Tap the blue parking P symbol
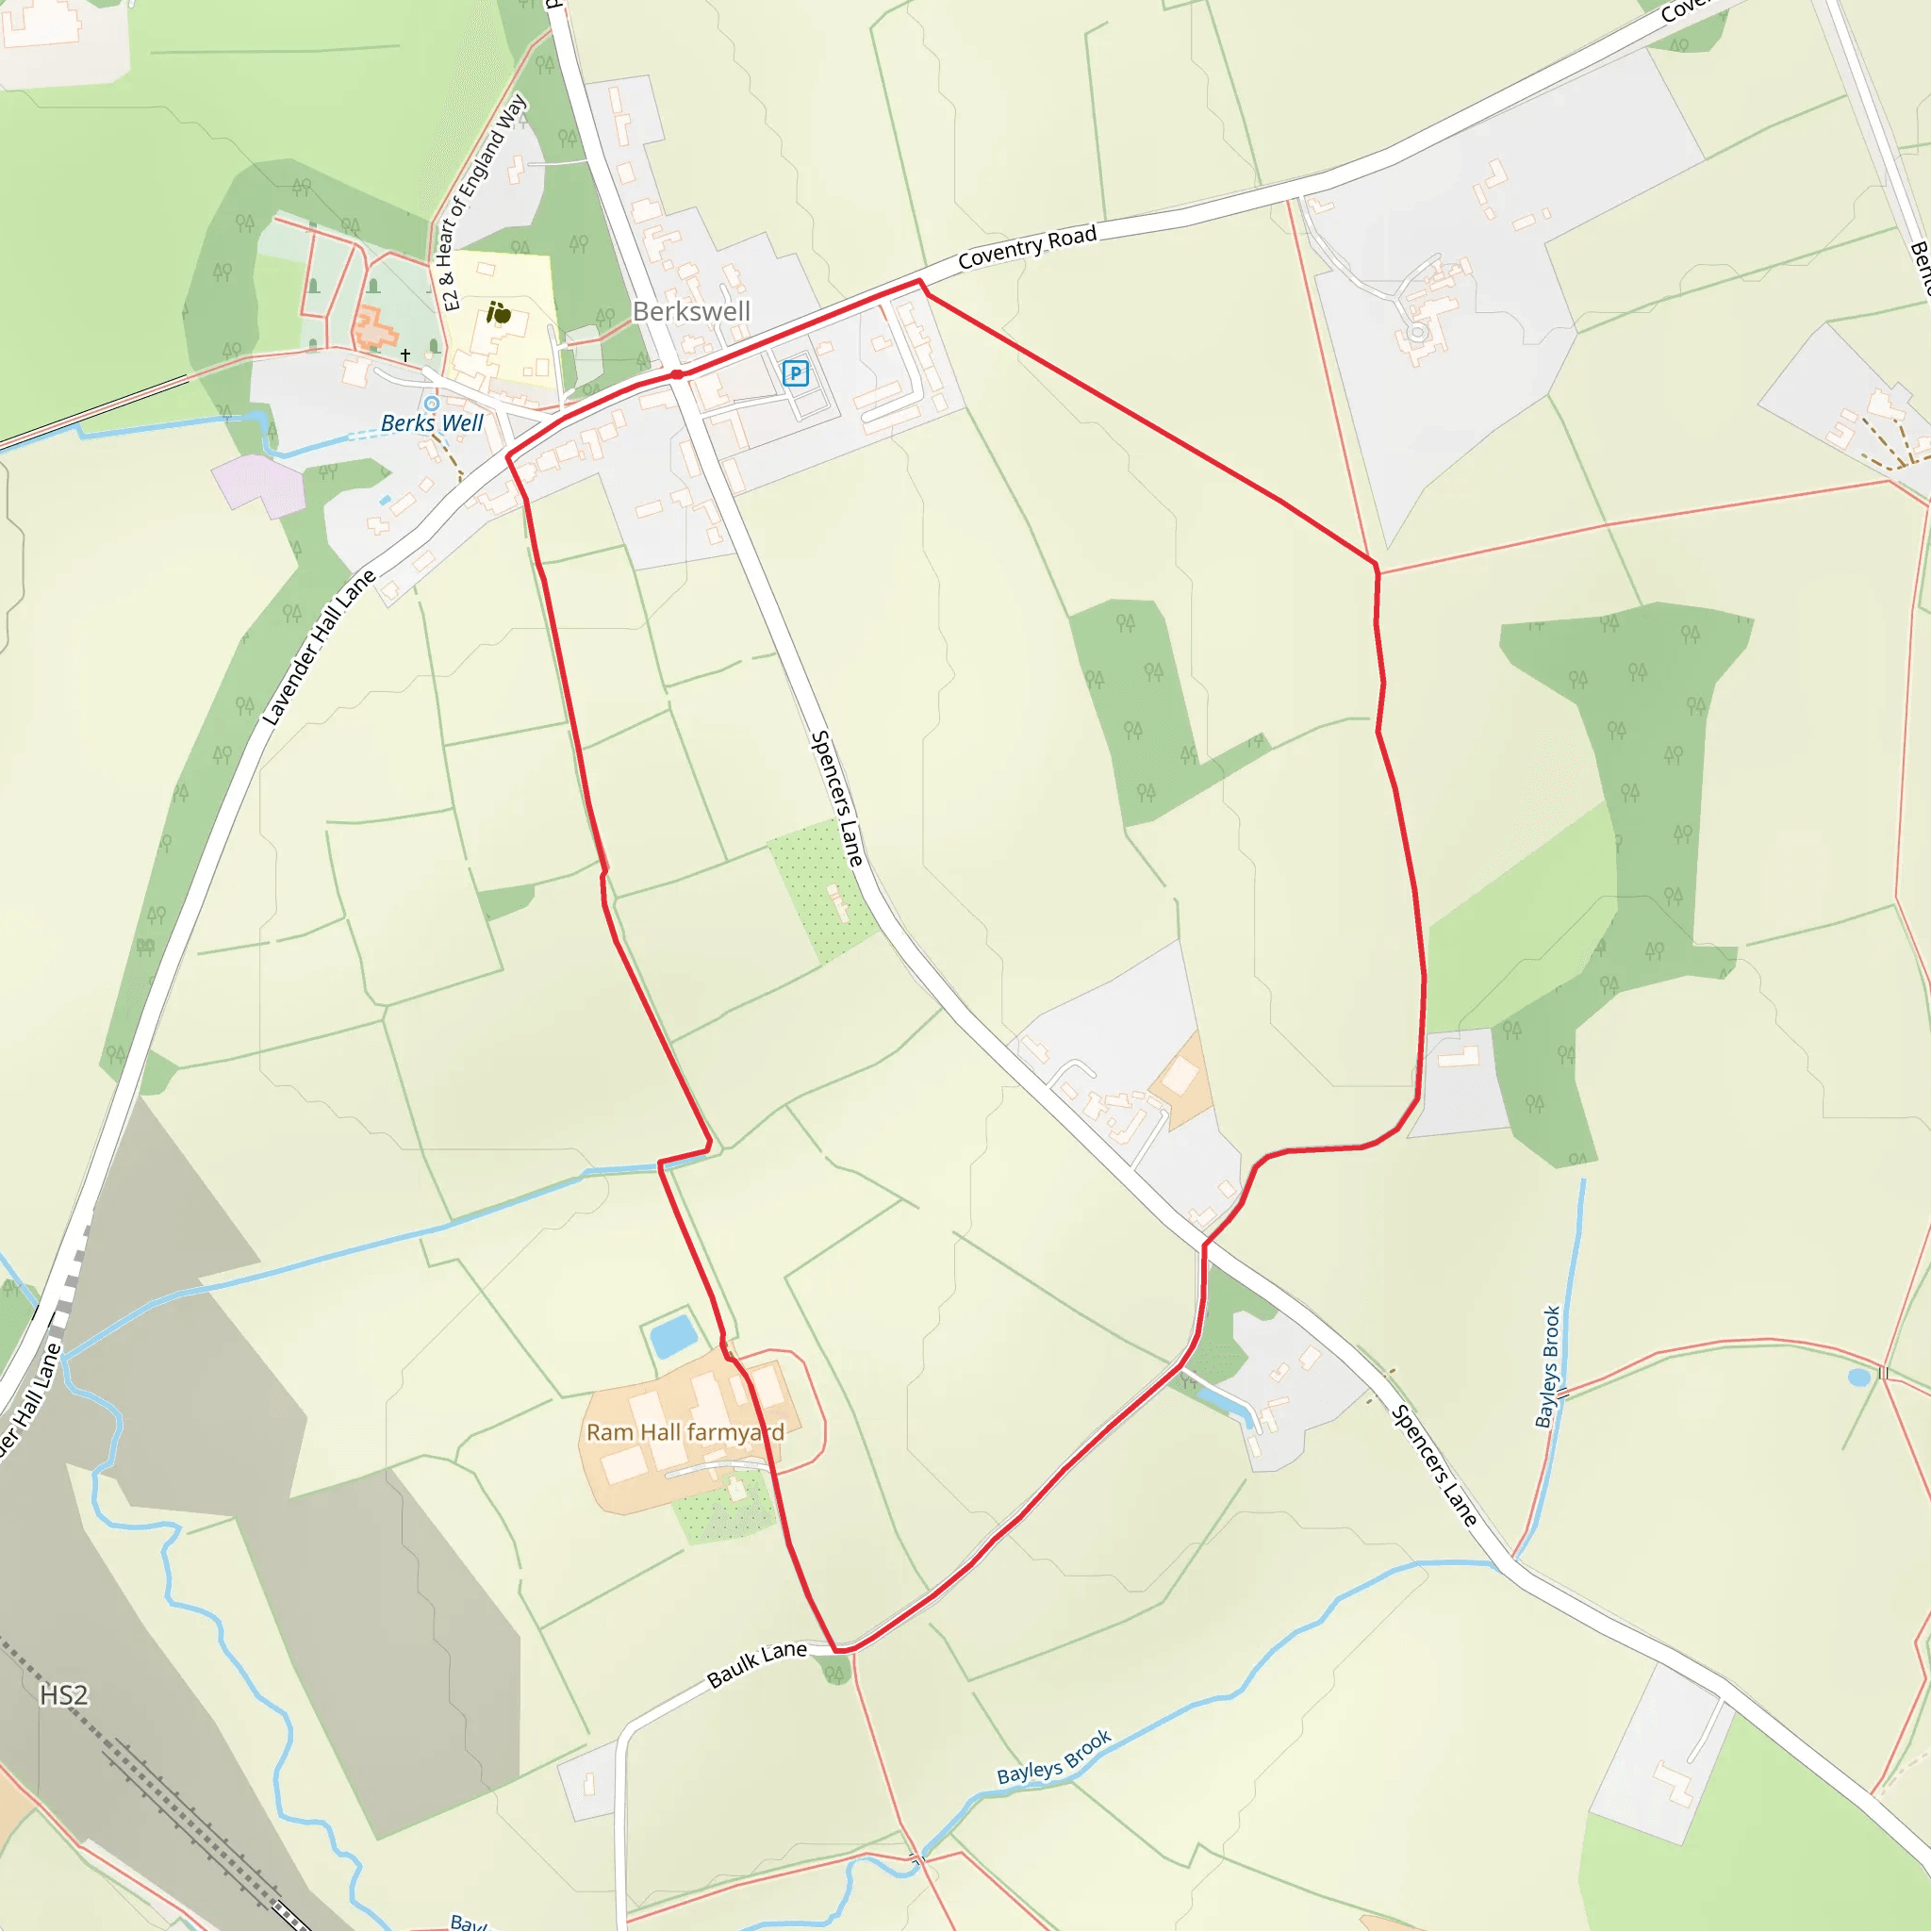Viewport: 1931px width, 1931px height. [x=795, y=373]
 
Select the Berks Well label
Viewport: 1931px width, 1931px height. [x=432, y=422]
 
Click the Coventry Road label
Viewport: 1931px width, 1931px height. [x=1027, y=247]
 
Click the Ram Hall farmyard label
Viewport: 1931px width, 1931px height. [x=685, y=1432]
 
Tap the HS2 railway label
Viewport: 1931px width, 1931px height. [x=64, y=1695]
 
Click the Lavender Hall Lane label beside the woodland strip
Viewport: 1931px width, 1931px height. [x=318, y=647]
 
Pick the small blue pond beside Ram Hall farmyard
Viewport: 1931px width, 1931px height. [x=672, y=1335]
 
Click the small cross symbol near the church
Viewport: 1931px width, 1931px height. [x=404, y=355]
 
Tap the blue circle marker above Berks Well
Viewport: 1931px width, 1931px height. [x=431, y=403]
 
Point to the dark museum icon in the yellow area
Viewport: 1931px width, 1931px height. [x=499, y=314]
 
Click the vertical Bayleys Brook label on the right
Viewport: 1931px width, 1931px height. [x=1548, y=1366]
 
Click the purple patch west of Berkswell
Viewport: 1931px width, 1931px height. [x=260, y=484]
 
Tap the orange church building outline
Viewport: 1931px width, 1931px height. [x=371, y=328]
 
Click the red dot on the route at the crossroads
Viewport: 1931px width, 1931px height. [x=677, y=375]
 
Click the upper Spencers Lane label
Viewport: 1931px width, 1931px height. [x=835, y=798]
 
